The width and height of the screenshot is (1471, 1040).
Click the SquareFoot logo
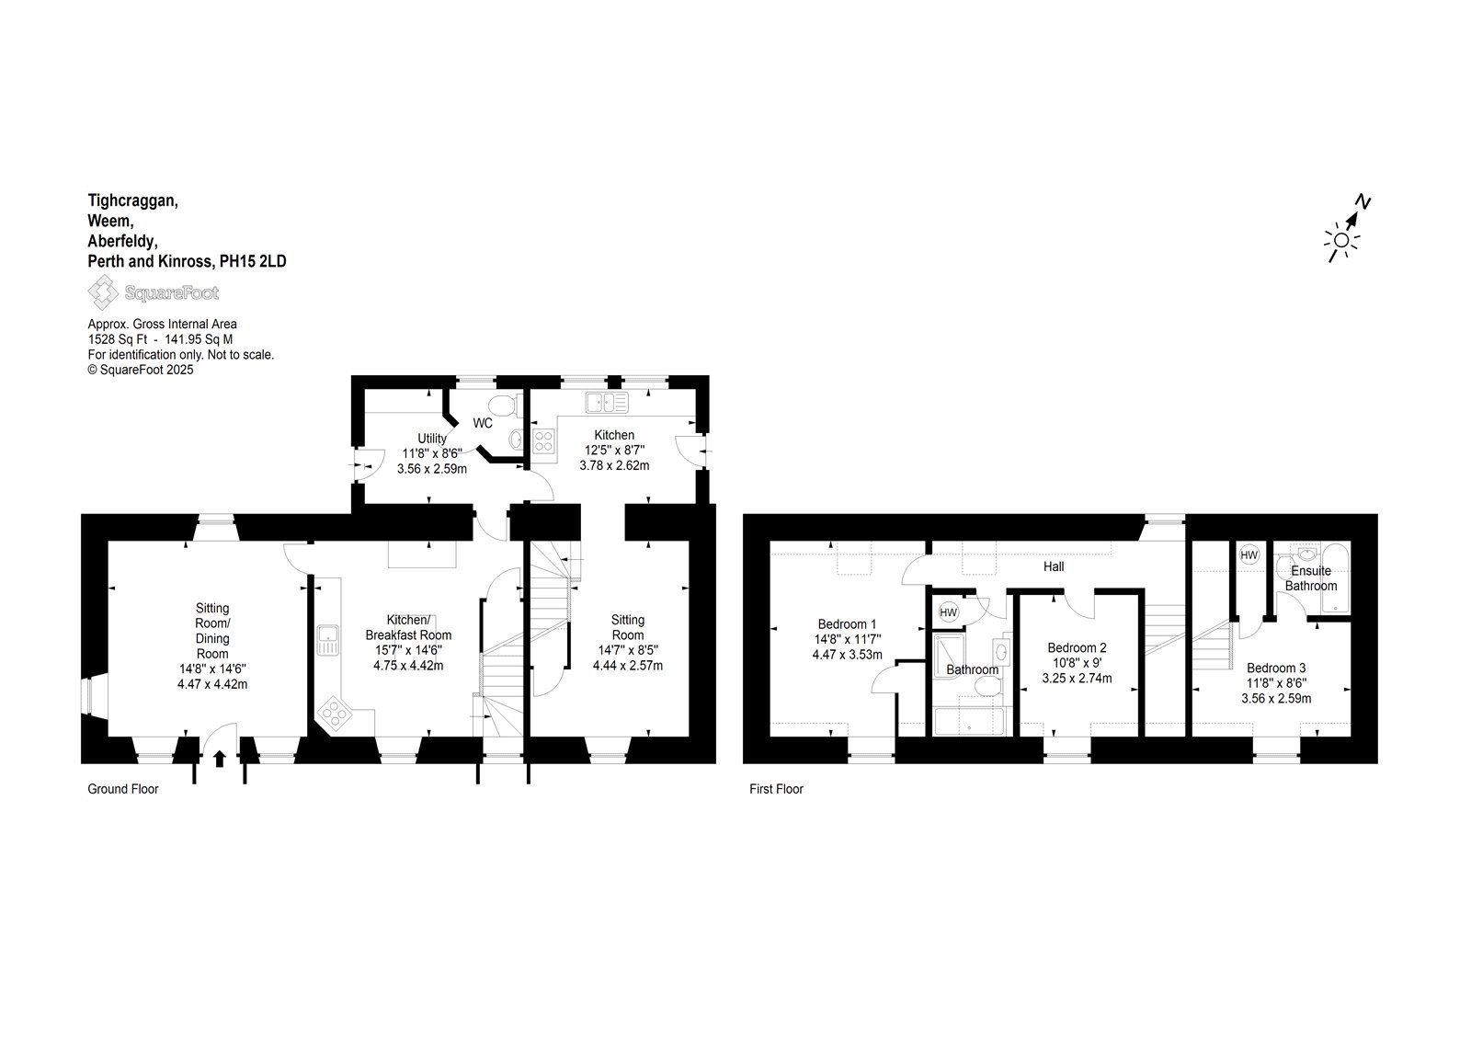point(153,292)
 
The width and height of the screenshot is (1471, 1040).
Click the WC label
point(483,423)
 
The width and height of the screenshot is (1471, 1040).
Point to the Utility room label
point(432,439)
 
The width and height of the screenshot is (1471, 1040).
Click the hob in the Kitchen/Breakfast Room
point(335,713)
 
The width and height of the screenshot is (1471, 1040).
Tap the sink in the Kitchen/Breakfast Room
point(327,641)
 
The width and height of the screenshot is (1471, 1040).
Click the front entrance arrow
point(220,759)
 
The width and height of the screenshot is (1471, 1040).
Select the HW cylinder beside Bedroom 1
point(948,613)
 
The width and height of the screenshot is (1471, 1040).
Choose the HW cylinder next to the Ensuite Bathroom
point(1249,555)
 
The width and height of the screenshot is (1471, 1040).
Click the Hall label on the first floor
point(1054,566)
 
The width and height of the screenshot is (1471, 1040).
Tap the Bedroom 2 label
point(1077,647)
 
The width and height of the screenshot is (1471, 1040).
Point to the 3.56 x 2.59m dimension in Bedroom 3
point(1276,698)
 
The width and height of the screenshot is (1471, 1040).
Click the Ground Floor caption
point(123,789)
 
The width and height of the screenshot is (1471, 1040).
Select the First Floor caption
point(776,789)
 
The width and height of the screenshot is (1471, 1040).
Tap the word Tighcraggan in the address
point(133,201)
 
